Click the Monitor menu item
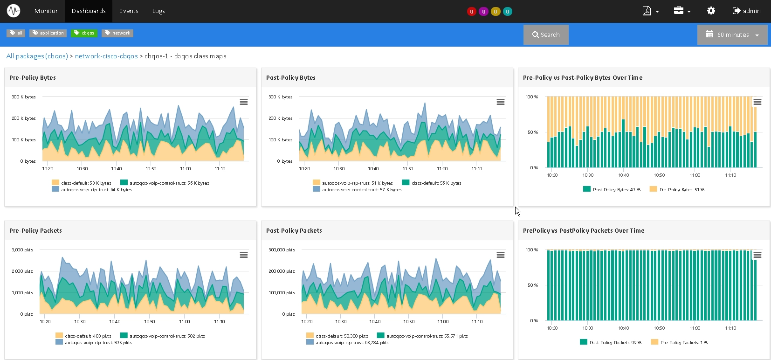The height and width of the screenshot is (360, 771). point(46,11)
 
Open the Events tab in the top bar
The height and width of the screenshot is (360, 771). point(129,11)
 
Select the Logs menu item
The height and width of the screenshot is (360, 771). point(158,11)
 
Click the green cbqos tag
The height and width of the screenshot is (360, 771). point(84,33)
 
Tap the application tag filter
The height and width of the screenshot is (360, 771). point(48,33)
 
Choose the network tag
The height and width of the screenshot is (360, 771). point(117,33)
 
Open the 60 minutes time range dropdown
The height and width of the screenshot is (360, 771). point(732,35)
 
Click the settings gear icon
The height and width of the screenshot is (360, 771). point(711,11)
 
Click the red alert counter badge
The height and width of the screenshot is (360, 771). point(471,12)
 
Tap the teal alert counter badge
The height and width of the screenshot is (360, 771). point(507,12)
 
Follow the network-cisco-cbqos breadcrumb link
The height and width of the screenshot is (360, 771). point(106,56)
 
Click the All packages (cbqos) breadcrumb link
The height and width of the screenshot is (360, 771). point(37,56)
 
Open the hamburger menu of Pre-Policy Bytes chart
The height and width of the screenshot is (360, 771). point(244,102)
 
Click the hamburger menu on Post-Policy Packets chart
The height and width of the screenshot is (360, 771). point(501,255)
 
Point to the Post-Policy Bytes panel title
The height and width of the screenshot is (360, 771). point(291,78)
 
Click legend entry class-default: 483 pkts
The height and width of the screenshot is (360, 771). point(83,336)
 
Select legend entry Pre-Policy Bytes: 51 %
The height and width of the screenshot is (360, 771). point(677,189)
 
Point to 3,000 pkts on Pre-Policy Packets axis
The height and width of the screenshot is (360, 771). point(22,250)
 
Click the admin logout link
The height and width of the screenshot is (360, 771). point(746,11)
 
